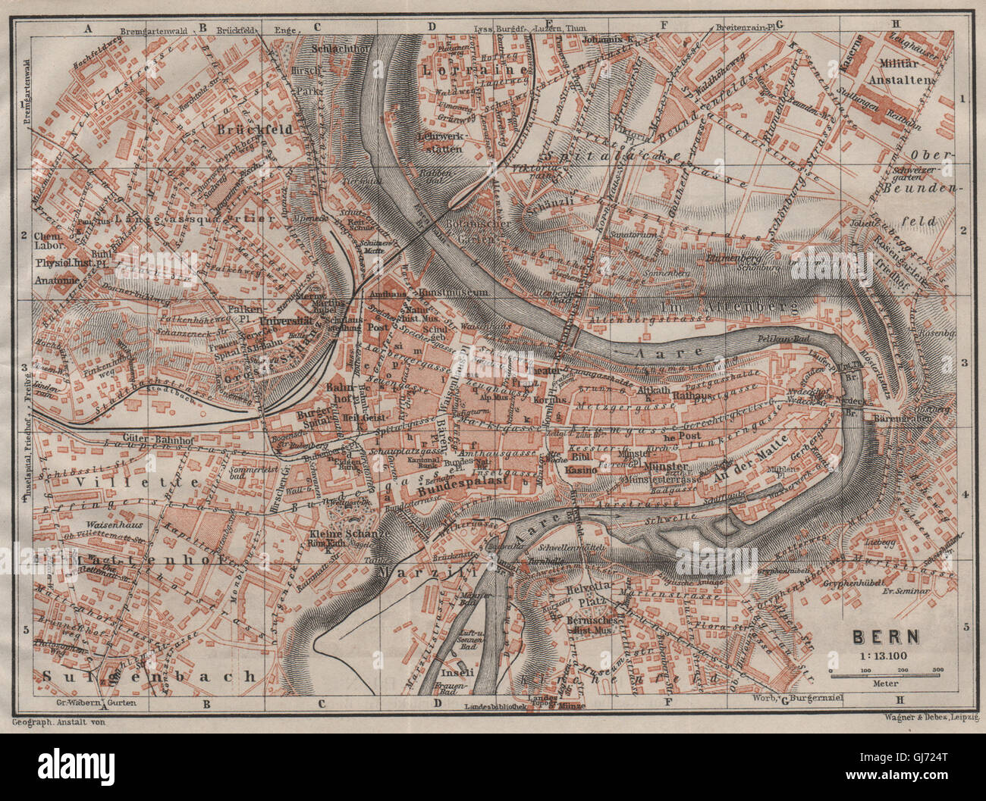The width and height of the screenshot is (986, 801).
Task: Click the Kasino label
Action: point(582,471)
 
